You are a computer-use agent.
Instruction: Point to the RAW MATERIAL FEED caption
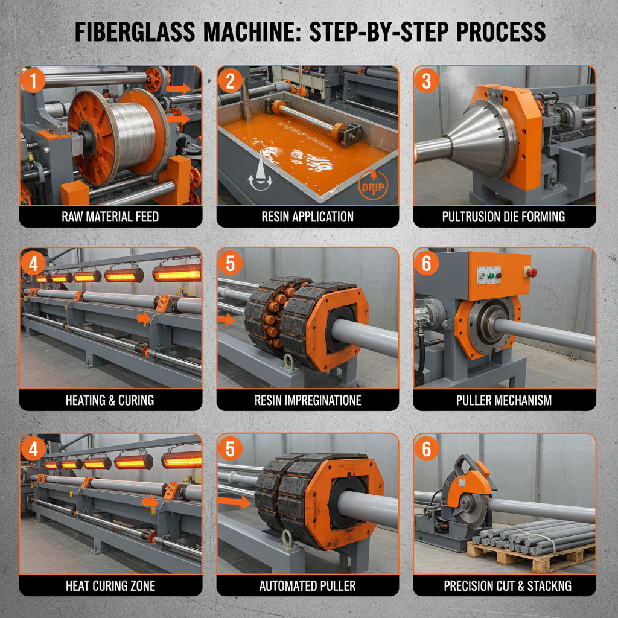click(110, 217)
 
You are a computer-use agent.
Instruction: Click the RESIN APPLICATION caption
click(308, 217)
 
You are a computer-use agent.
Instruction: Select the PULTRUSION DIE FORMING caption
click(504, 217)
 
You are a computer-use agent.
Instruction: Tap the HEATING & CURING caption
click(110, 400)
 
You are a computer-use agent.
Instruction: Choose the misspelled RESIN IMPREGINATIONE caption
click(308, 400)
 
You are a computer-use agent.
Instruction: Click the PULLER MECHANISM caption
click(504, 400)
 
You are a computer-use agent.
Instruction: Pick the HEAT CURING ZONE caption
click(110, 585)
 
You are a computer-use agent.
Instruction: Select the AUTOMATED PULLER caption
click(308, 585)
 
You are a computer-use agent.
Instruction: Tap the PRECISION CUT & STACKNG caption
click(504, 585)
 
